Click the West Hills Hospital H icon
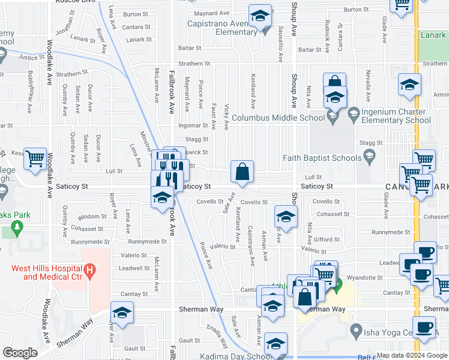[89, 271]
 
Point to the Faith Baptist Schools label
[321, 158]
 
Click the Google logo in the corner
[20, 352]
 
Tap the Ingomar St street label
[193, 126]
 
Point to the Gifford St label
[327, 239]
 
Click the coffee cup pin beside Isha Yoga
[424, 328]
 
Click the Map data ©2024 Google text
[411, 355]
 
